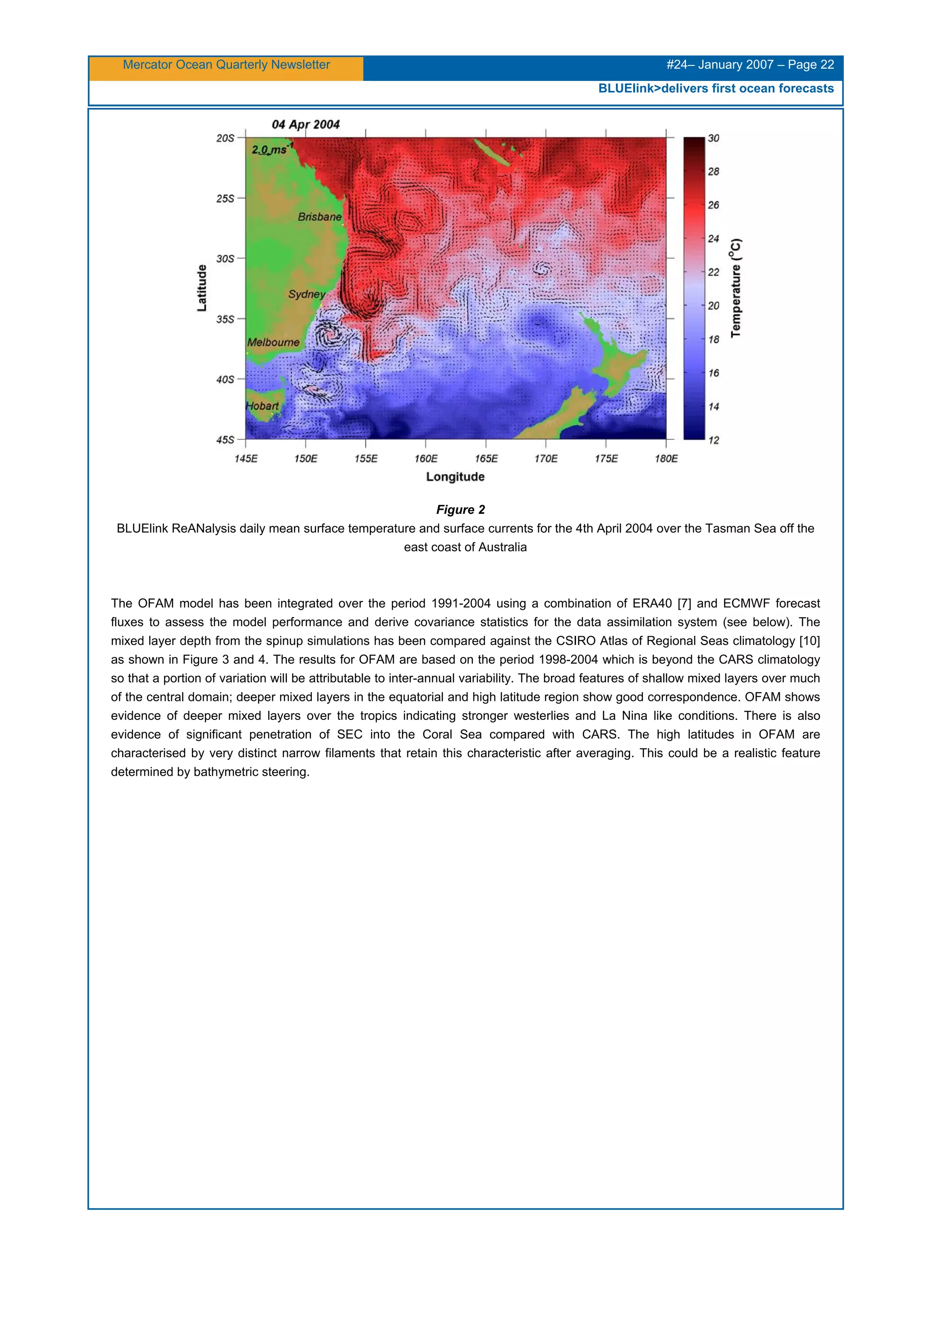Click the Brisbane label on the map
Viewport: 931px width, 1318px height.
click(x=320, y=217)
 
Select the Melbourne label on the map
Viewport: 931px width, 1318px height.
click(x=273, y=342)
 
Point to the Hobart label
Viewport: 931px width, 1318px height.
click(x=262, y=406)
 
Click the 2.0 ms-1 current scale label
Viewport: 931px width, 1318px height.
click(x=271, y=149)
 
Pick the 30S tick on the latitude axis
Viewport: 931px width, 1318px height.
click(x=225, y=259)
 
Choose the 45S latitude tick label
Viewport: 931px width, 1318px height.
click(x=225, y=440)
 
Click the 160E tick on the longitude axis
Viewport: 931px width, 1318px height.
click(x=425, y=458)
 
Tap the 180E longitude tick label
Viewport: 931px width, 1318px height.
click(x=666, y=458)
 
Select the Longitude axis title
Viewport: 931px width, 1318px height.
click(x=455, y=477)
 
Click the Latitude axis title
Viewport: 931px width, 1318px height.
click(x=202, y=288)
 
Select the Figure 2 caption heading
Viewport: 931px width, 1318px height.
click(x=460, y=510)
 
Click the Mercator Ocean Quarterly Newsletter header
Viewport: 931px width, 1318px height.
click(x=226, y=65)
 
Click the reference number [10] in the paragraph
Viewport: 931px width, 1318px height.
click(x=809, y=641)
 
